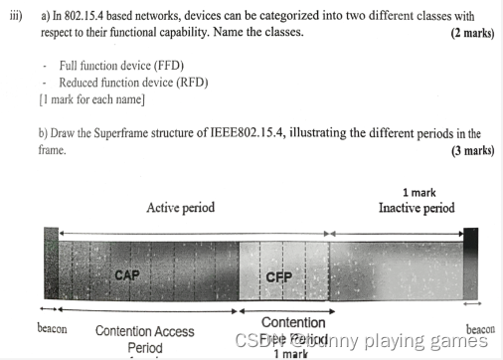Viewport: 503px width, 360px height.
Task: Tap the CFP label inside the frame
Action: pos(278,276)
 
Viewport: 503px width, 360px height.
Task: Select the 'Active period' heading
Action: pos(180,208)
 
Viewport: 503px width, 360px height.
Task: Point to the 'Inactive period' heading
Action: pos(417,208)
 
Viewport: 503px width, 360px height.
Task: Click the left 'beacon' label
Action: pos(52,328)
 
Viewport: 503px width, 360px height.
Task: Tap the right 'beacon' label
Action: pos(481,328)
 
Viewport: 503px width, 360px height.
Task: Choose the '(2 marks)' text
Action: pos(471,33)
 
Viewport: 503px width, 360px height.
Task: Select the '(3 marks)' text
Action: pos(471,150)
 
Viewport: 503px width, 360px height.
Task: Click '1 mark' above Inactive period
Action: pos(419,192)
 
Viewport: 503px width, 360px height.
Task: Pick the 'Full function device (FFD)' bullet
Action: pos(121,65)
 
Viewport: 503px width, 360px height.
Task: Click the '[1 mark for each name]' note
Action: pos(91,99)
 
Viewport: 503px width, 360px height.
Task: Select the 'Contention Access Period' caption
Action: pos(144,339)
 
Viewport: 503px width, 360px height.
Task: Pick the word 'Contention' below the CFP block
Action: pos(293,322)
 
